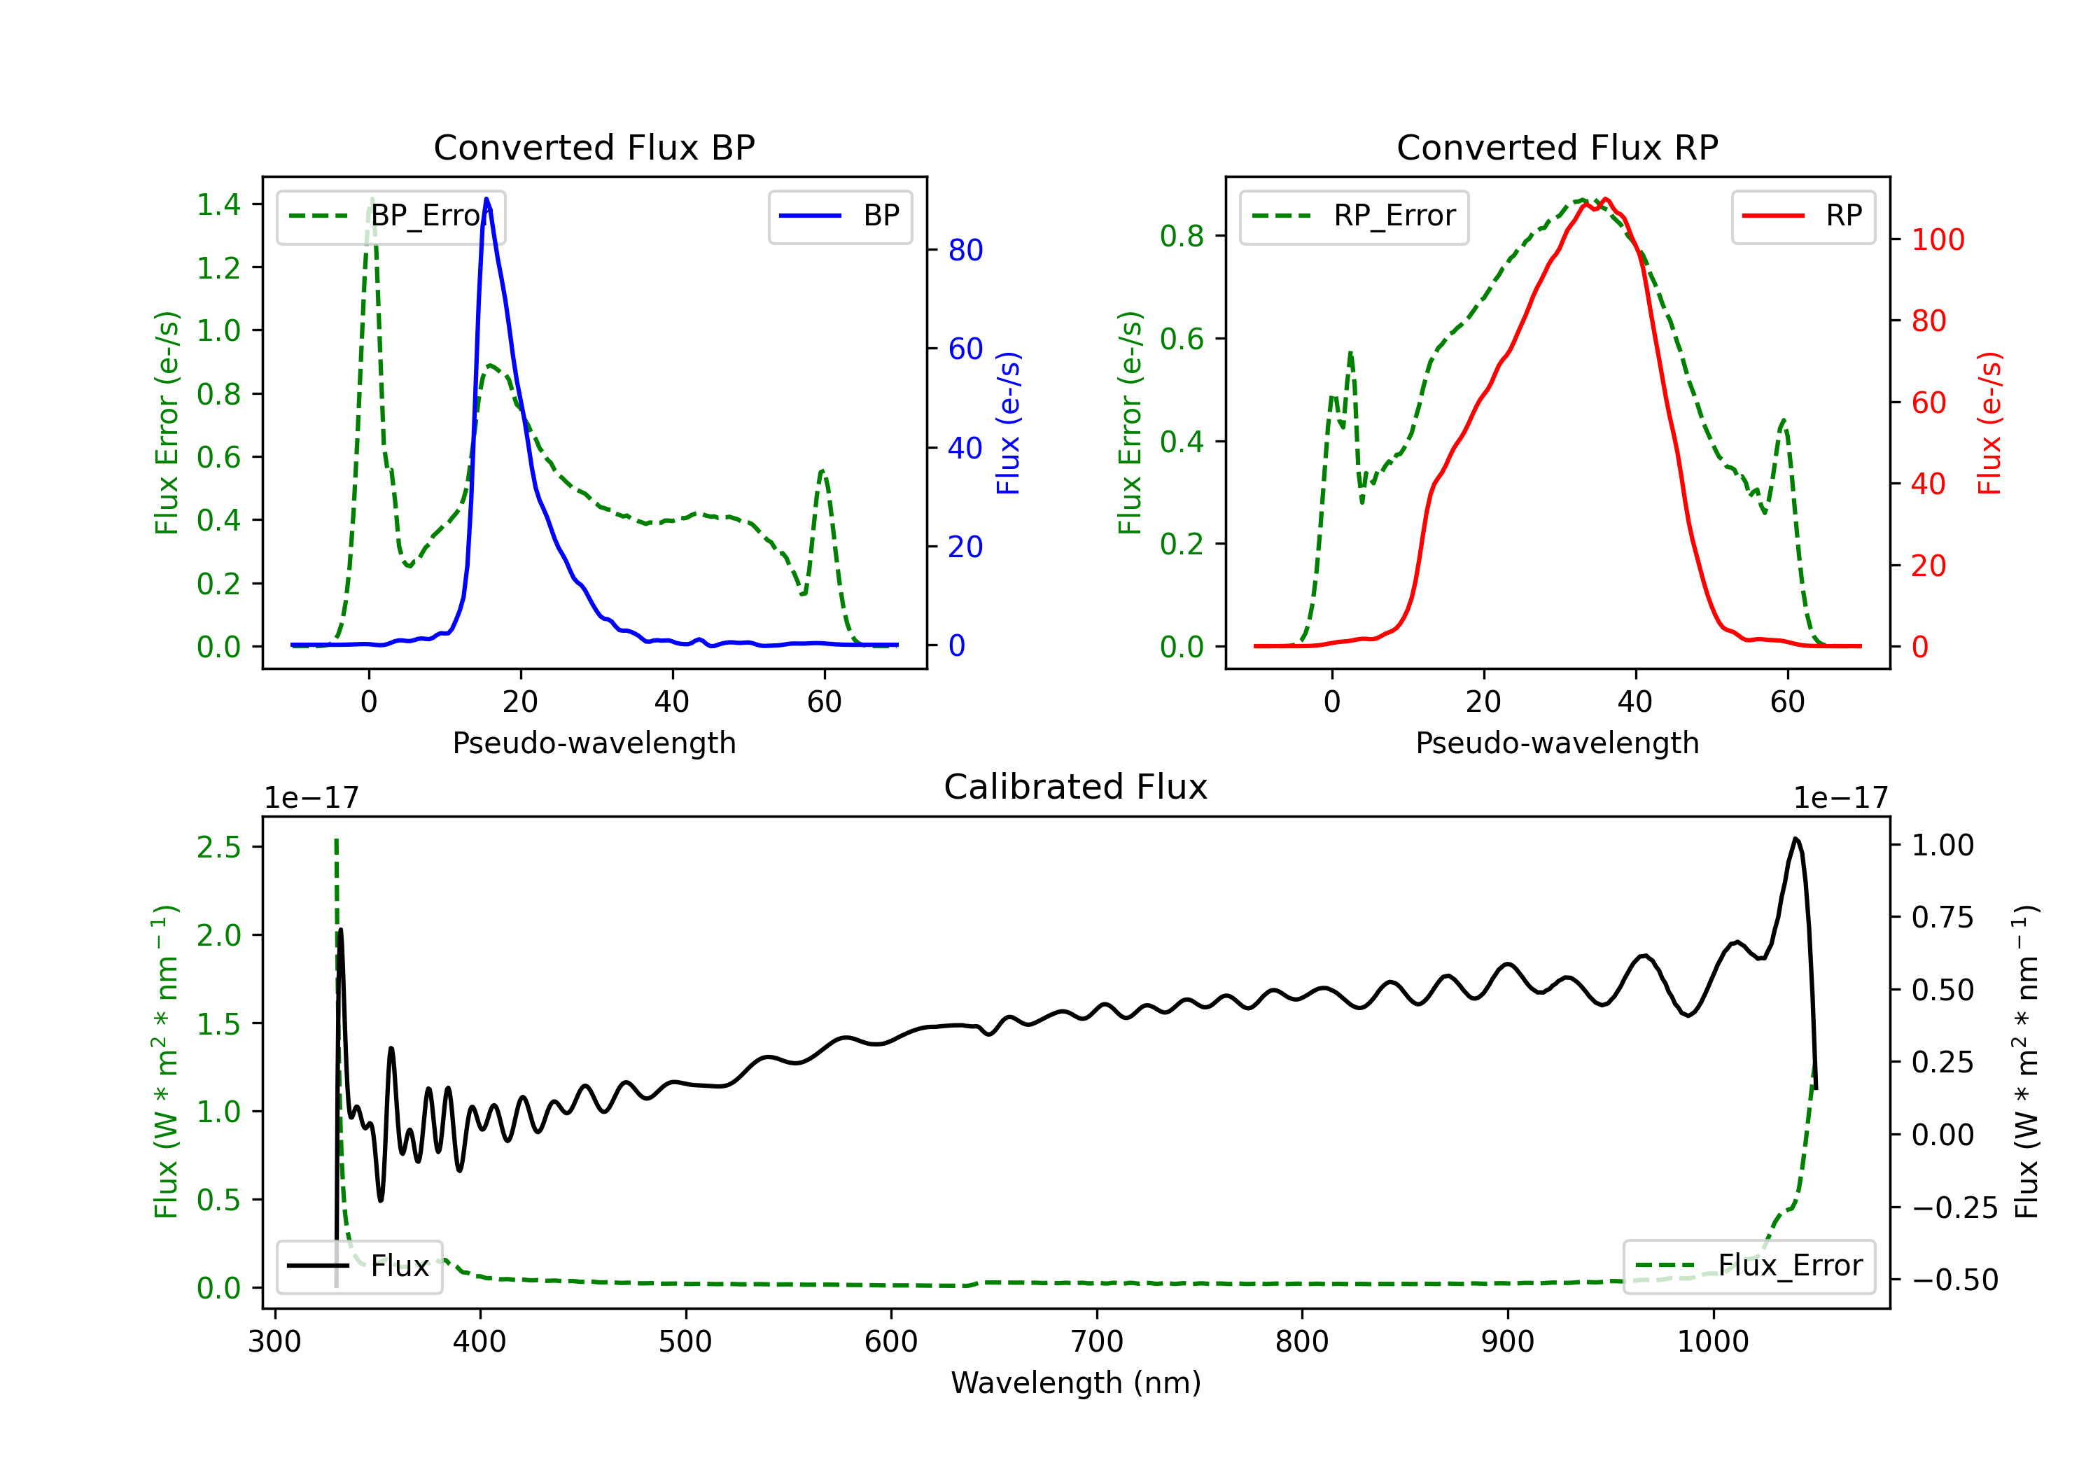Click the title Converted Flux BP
click(594, 147)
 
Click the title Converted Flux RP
click(1557, 147)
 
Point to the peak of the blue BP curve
click(486, 199)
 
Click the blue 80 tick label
click(965, 250)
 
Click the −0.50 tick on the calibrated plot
click(1954, 1280)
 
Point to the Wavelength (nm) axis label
click(1076, 1382)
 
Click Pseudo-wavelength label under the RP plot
click(1557, 743)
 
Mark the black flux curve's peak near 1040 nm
click(1795, 839)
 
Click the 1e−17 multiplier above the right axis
click(1840, 798)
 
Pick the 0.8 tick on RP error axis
click(1181, 236)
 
